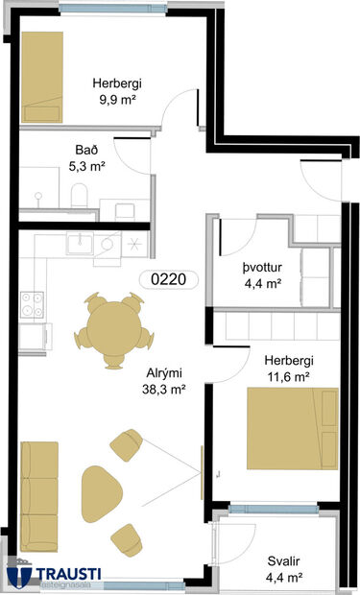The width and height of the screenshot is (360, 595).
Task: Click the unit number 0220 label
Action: click(168, 281)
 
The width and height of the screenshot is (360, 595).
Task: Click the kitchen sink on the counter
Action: click(81, 243)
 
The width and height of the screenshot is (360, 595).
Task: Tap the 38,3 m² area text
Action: click(163, 390)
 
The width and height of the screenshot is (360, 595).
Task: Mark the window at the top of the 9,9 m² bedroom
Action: click(95, 8)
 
